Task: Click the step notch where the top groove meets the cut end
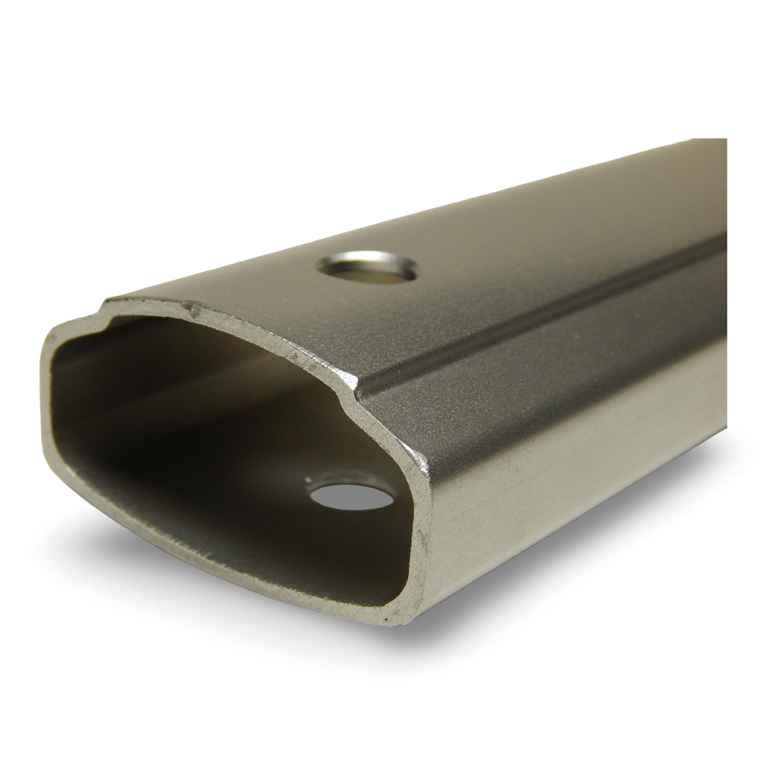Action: [356, 392]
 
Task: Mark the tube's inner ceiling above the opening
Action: [202, 339]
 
